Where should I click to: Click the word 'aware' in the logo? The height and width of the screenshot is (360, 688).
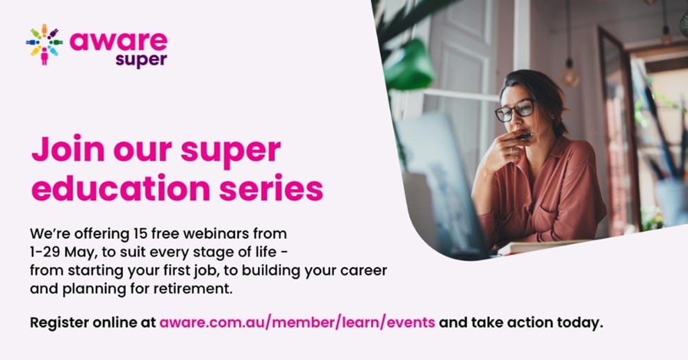[x=118, y=41]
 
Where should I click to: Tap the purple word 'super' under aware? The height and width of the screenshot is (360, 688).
[x=141, y=60]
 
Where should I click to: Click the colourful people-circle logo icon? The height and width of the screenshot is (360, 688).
[x=44, y=44]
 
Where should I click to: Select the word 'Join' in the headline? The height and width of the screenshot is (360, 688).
[x=68, y=149]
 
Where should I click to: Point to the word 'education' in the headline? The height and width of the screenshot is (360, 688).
[x=121, y=188]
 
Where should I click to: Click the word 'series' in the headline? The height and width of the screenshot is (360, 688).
[x=271, y=188]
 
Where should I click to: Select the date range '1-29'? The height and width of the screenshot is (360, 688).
[x=44, y=252]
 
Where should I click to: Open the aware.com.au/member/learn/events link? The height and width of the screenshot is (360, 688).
[x=297, y=322]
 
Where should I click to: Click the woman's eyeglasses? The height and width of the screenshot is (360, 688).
[x=514, y=111]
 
